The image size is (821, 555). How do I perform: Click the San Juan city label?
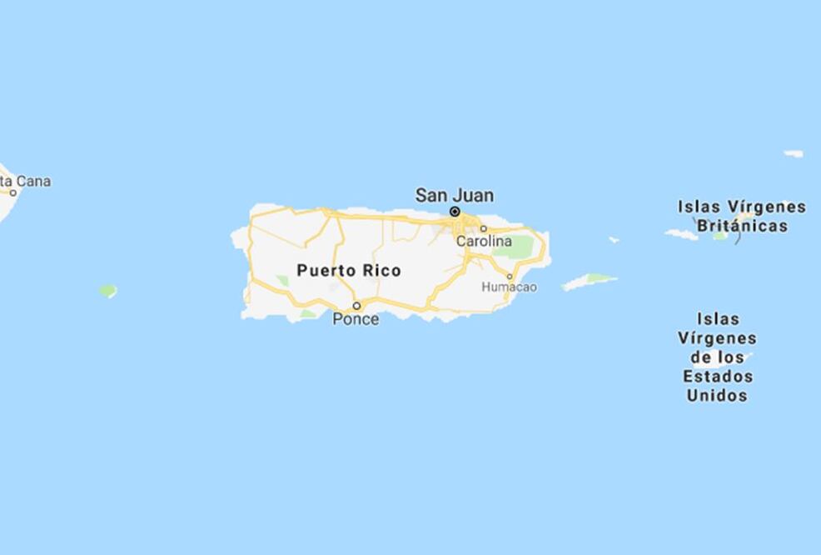point(454,195)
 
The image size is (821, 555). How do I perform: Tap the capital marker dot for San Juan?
point(455,212)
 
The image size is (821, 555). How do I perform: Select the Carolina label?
point(484,241)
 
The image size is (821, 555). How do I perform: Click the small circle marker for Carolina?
point(483,228)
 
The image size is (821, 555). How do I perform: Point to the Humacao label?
point(510,287)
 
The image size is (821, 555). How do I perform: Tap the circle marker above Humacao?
point(510,276)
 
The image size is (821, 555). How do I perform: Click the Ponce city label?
point(356,319)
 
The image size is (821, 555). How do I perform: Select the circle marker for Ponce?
point(356,305)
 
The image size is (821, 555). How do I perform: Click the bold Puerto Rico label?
point(348,270)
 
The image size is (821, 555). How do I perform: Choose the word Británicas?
point(742,226)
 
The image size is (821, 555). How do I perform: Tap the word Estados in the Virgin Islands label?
point(718,376)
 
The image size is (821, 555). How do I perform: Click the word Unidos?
point(717,396)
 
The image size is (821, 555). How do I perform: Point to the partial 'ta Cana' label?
point(27,181)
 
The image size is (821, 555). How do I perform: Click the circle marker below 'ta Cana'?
point(13,192)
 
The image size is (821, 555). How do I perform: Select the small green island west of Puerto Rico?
point(107,291)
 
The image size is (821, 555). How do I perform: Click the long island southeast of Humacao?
point(589,282)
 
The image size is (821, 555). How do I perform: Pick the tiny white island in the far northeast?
point(794,153)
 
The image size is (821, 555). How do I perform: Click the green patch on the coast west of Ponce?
point(308,314)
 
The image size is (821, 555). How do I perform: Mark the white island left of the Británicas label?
point(681,234)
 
